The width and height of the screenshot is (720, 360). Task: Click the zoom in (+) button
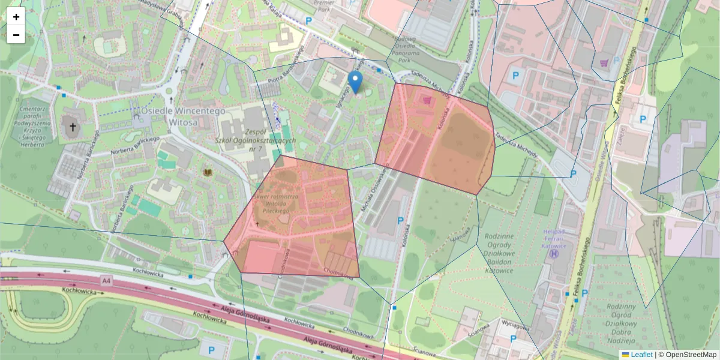tap(16, 17)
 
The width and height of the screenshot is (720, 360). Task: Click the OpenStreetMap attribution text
tap(691, 355)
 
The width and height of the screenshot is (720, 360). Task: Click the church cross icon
tap(73, 127)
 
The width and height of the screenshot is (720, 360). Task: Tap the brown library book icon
tap(208, 173)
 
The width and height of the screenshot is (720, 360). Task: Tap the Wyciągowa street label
tap(514, 327)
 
